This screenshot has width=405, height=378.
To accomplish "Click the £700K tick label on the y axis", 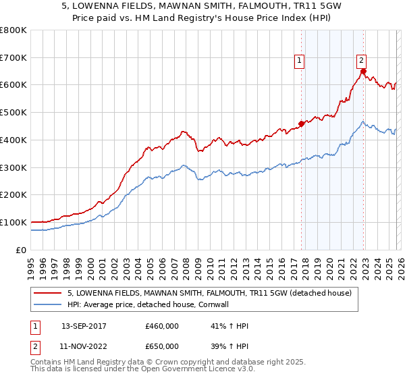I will [13, 57].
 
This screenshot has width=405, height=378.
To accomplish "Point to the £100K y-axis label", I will [13, 222].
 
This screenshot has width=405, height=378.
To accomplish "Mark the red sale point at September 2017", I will [301, 124].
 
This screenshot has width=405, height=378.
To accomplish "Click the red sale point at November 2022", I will [363, 71].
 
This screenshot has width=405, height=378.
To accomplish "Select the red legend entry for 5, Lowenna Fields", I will [209, 294].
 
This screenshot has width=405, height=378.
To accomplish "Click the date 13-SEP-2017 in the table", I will [84, 326].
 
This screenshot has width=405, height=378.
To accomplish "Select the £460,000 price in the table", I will [162, 326].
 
